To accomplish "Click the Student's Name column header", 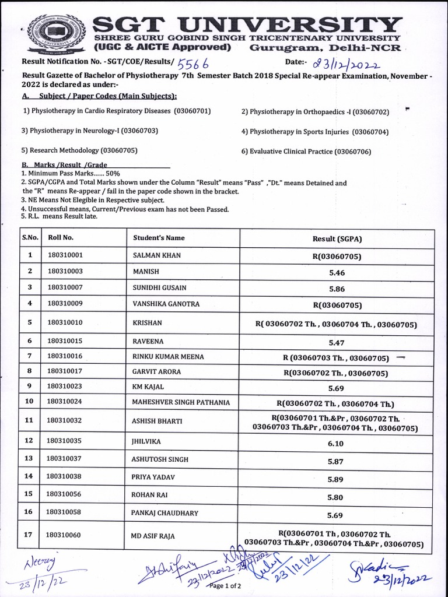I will pos(159,238).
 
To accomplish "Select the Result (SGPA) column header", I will pos(337,238).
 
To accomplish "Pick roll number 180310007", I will pos(65,287).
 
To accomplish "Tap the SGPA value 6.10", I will pos(337,444).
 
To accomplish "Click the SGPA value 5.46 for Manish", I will pos(337,272).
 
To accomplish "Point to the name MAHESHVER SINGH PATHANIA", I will pos(181,402).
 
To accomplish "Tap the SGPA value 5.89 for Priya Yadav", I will pos(337,479).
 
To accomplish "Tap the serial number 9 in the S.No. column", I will pos(30,386).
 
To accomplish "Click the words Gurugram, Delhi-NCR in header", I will pos(325,47).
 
